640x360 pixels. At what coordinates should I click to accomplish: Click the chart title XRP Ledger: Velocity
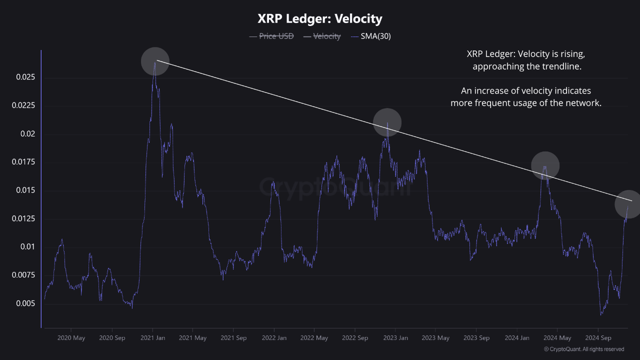click(x=320, y=19)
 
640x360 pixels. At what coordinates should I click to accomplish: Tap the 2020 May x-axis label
click(x=71, y=338)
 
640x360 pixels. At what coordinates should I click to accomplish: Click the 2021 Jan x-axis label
click(x=153, y=338)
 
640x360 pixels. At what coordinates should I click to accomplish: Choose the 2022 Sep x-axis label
click(x=355, y=338)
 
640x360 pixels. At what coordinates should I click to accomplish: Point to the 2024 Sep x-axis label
click(x=598, y=338)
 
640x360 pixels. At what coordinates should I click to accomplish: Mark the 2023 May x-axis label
click(x=435, y=338)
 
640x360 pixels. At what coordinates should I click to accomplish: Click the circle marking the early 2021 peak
click(x=154, y=61)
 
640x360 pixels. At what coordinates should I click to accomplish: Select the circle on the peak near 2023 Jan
click(x=387, y=122)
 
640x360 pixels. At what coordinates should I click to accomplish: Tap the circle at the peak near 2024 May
click(x=545, y=165)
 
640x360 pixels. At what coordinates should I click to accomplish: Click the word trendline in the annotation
click(x=562, y=66)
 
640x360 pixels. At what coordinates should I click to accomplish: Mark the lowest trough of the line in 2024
click(x=601, y=314)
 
